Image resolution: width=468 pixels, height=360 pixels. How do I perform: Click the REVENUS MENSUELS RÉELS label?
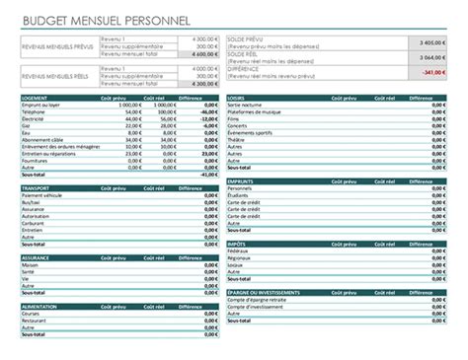click(57, 75)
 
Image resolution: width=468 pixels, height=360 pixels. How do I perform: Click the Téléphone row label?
click(36, 111)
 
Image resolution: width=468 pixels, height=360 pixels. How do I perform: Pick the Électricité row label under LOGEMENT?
click(36, 118)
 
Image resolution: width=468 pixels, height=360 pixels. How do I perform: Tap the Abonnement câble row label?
click(43, 139)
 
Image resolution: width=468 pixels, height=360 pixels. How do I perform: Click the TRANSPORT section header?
click(37, 187)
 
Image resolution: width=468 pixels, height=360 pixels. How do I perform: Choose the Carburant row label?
click(36, 222)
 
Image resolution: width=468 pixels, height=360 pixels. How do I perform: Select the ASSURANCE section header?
click(37, 256)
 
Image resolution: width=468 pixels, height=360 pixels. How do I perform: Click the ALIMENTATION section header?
click(40, 306)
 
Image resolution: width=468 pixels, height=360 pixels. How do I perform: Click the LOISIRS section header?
click(237, 98)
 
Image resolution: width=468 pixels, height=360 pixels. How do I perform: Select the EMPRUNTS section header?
click(241, 180)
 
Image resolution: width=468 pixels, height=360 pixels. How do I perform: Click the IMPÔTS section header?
click(237, 244)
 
